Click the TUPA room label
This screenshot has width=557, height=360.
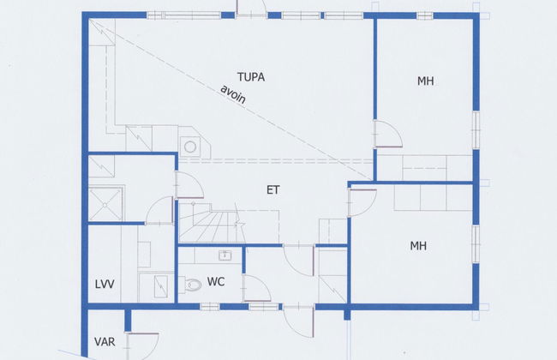251,77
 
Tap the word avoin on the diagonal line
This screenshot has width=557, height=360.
233,94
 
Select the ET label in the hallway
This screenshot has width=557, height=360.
273,190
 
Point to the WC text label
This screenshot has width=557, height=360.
216,282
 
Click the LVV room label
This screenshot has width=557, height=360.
105,285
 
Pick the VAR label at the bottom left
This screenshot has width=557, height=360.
105,342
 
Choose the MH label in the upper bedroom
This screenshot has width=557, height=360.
426,81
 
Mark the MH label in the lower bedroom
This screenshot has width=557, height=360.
418,246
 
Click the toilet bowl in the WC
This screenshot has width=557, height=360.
192,285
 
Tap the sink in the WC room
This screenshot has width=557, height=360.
225,255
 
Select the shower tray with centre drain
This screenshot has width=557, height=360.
105,204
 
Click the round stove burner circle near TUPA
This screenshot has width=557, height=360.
190,147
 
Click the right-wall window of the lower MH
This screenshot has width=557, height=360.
476,243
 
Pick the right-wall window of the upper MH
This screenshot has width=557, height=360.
476,129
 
